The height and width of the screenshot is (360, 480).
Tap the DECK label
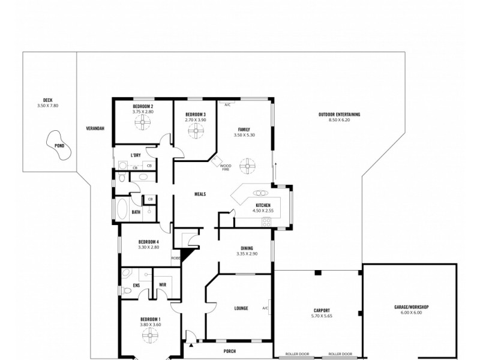point(47,100)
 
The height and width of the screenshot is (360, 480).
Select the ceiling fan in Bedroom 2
point(143,122)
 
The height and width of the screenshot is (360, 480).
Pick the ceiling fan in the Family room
point(247,164)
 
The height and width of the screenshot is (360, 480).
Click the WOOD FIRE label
point(225,167)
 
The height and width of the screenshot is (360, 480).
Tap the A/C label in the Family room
point(227,104)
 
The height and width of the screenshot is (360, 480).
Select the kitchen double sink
point(261,193)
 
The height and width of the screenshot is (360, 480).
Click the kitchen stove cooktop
point(266,223)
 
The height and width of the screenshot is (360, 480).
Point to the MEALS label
point(200,194)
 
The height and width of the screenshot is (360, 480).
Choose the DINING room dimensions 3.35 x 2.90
point(247,253)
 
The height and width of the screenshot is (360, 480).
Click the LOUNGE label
point(241,308)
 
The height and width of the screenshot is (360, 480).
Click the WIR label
point(162,285)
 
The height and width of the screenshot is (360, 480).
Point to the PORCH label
point(229,351)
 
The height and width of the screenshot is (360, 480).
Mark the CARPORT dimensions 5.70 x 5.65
point(318,316)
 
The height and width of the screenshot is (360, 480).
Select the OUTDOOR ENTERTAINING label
point(339,114)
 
